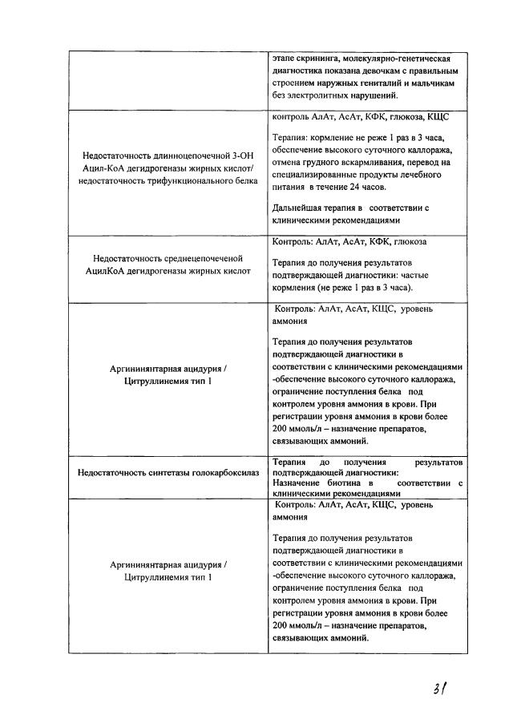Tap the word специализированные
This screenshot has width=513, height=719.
pyautogui.click(x=317, y=174)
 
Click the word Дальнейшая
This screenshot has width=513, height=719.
pyautogui.click(x=299, y=207)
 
